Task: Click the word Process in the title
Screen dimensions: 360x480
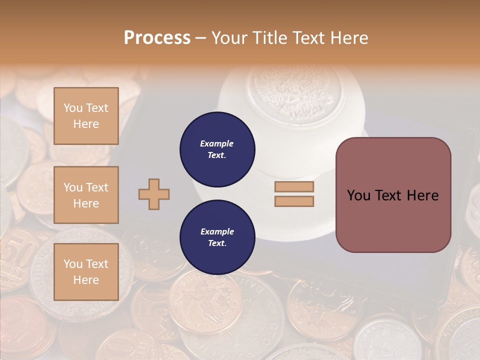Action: coord(157,38)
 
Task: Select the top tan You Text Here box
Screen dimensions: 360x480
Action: coord(86,116)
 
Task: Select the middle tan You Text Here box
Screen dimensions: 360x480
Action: coord(86,195)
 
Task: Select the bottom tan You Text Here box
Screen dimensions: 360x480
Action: coord(86,271)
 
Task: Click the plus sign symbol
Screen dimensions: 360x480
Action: coord(154,194)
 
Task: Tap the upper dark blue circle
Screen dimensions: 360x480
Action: coord(217,149)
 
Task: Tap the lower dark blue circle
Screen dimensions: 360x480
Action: coord(217,237)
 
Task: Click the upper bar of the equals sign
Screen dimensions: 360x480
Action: coord(294,187)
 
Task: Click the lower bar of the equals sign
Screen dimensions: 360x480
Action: coord(294,201)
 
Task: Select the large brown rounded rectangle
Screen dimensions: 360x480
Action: coord(393,195)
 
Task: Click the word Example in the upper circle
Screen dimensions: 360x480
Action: coord(216,143)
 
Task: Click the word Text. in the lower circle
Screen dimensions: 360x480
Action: coord(216,243)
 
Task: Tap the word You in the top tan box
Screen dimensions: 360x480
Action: coord(73,108)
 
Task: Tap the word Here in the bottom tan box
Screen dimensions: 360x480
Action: coord(86,280)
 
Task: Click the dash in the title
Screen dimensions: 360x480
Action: coord(201,38)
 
